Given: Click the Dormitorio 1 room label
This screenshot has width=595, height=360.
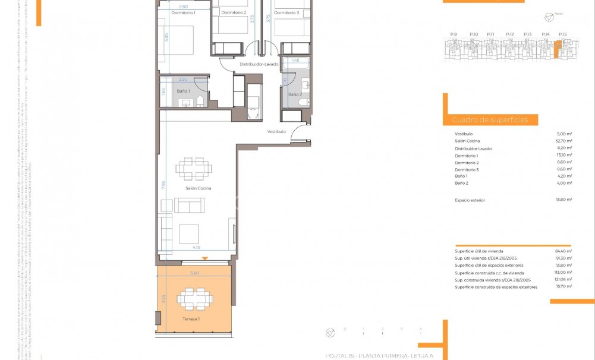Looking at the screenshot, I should pyautogui.click(x=183, y=12).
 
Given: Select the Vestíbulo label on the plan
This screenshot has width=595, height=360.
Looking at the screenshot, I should pyautogui.click(x=276, y=131).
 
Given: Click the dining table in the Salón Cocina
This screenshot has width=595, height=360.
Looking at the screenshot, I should pyautogui.click(x=194, y=168).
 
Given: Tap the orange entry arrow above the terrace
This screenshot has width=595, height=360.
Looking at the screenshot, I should pyautogui.click(x=205, y=258).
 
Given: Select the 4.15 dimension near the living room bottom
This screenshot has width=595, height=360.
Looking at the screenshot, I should pyautogui.click(x=196, y=248).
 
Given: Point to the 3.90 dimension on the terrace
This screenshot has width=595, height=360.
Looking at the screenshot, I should pyautogui.click(x=194, y=273).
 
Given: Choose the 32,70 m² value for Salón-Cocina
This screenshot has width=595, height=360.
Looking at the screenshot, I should pyautogui.click(x=563, y=141).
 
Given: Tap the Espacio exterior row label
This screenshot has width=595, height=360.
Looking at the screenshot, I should pyautogui.click(x=470, y=200).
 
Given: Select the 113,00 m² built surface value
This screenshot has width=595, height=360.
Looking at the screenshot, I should pyautogui.click(x=563, y=272).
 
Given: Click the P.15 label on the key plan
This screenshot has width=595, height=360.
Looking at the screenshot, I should pyautogui.click(x=563, y=34).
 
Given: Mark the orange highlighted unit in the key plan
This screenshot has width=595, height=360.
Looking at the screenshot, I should pyautogui.click(x=558, y=50).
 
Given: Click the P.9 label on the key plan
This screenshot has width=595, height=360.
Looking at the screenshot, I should pyautogui.click(x=454, y=34).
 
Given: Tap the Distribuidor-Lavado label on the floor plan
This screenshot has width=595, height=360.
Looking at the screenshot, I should pyautogui.click(x=259, y=64).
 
